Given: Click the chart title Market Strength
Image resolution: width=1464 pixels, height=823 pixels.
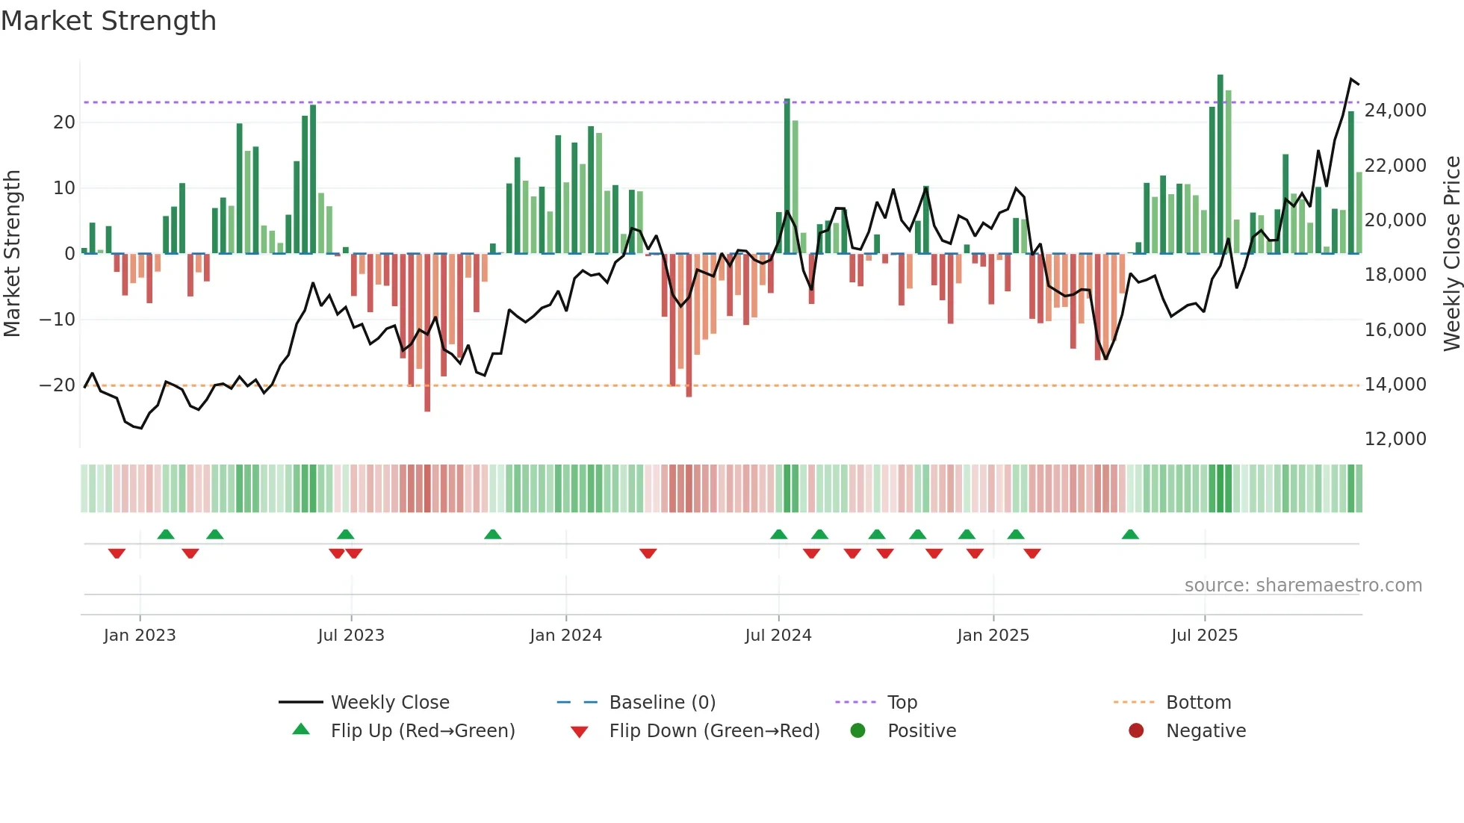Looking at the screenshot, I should [108, 21].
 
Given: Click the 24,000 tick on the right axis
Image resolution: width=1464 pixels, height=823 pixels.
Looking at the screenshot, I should [1395, 111].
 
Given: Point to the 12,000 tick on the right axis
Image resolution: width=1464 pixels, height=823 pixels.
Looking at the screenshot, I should [1395, 439].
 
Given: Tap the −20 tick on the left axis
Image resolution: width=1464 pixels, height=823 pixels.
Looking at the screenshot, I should [58, 385].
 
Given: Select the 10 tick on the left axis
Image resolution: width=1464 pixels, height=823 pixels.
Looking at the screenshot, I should [64, 188].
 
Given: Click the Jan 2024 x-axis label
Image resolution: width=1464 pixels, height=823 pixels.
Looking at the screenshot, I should [565, 636].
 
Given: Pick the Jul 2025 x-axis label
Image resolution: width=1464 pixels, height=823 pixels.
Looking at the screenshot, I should [1204, 636].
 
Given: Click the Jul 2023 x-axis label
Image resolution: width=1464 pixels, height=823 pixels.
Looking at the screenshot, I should [351, 636].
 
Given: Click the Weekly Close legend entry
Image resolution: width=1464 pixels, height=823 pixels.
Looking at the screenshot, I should [389, 703].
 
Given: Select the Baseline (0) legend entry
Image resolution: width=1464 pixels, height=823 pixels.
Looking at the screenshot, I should [662, 703].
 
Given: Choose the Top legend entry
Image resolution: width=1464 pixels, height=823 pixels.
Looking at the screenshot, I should [902, 703].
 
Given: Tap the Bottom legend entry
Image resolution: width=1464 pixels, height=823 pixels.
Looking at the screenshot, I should [1198, 703].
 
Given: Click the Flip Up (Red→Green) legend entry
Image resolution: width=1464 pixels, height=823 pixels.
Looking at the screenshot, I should [422, 731].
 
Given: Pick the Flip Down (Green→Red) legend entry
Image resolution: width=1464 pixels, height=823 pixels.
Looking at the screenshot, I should [713, 731].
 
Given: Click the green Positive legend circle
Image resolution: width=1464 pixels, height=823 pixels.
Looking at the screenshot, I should [858, 731].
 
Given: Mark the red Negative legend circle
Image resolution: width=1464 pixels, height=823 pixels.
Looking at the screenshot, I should [1136, 731].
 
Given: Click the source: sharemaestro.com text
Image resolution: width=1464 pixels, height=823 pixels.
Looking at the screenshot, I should [1303, 586].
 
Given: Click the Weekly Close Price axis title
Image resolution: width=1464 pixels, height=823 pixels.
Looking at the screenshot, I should [1451, 254].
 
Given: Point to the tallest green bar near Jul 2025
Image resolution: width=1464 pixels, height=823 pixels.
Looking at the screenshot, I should [1220, 164].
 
